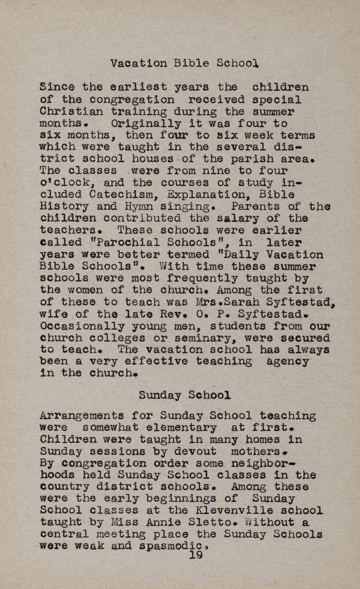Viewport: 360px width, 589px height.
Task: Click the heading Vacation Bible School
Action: coord(184,64)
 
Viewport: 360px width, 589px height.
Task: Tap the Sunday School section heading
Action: coord(184,395)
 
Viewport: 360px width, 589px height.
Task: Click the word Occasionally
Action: coord(76,326)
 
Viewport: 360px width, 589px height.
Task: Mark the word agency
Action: coord(288,362)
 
